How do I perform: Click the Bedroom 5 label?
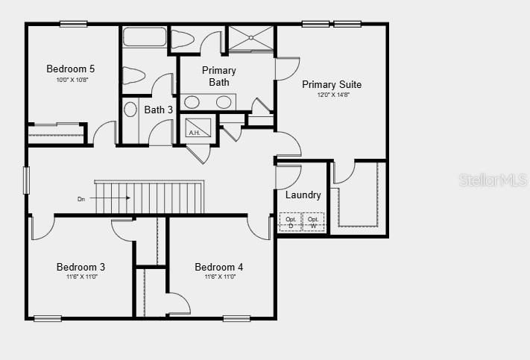pos(71,69)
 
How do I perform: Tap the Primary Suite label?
pos(332,84)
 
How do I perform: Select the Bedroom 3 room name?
pos(81,267)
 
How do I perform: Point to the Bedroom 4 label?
pos(218,267)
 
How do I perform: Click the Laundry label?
pos(303,195)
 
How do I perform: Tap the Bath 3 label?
pos(158,110)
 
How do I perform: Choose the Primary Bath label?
pos(219,76)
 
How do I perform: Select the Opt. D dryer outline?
pos(291,221)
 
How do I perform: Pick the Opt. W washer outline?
pos(313,221)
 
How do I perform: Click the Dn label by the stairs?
pos(81,199)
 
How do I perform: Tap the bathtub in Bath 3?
pos(145,38)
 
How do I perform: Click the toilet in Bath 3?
pos(133,75)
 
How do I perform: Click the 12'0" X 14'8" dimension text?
pos(332,95)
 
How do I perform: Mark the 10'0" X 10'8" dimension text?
pos(72,80)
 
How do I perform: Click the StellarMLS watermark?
pos(493,180)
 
